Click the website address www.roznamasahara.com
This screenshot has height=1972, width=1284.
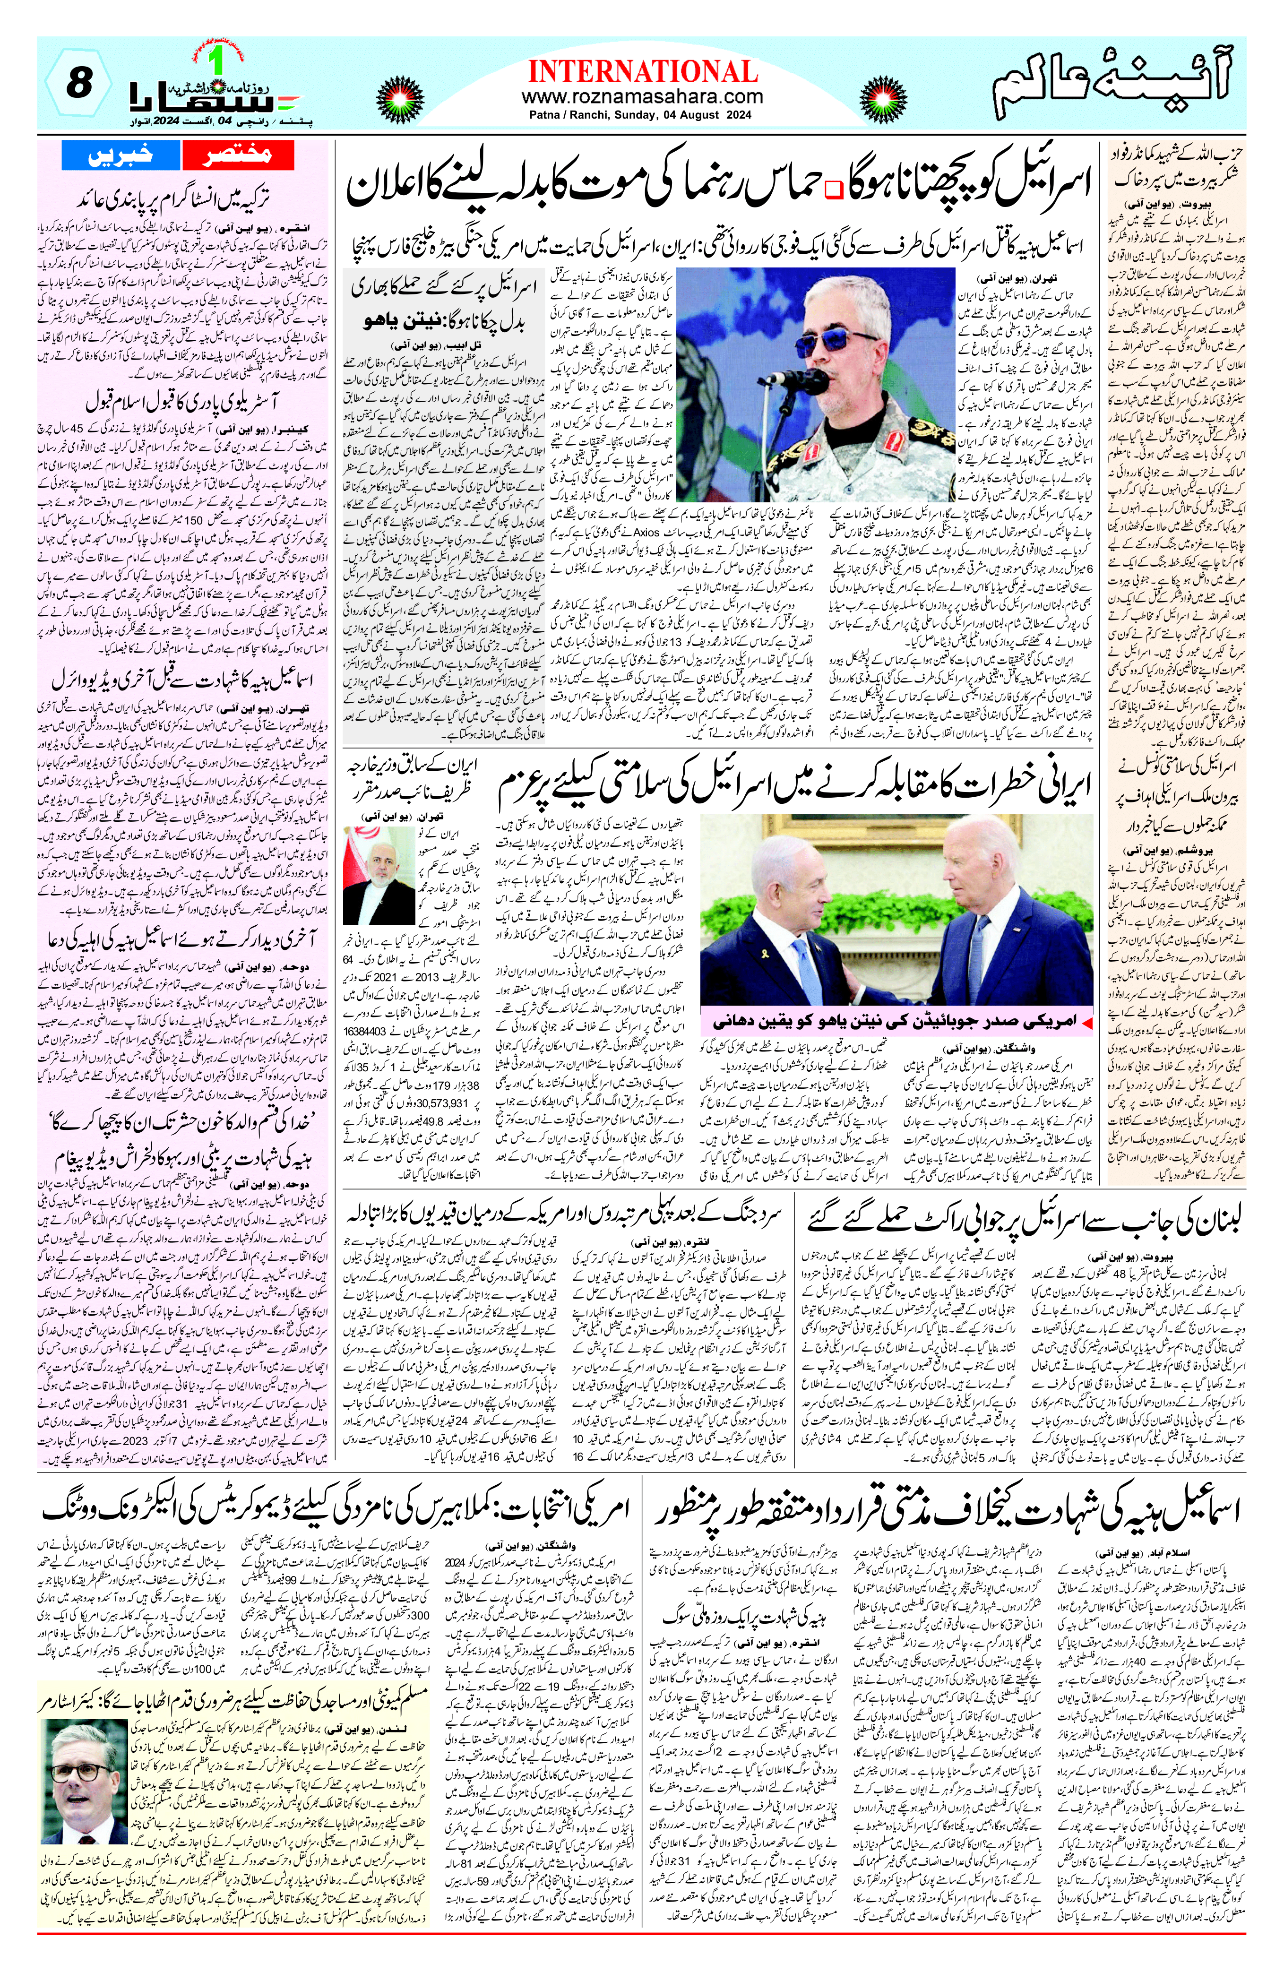(642, 97)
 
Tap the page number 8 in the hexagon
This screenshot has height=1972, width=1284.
(77, 84)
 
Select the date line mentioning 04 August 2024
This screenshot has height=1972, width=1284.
(642, 115)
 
